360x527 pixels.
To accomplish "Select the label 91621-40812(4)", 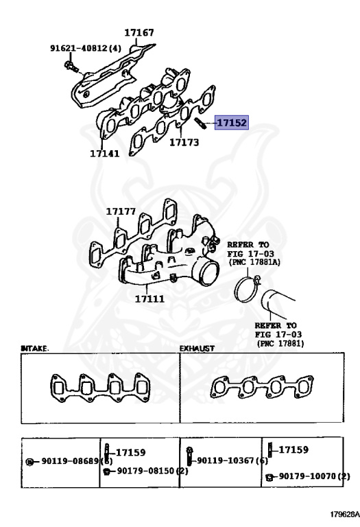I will tap(85, 49).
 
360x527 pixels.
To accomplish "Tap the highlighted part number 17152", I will tap(232, 124).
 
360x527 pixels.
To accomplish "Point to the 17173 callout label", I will tap(184, 143).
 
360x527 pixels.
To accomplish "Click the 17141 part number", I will tap(104, 154).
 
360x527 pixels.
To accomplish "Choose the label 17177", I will tap(120, 211).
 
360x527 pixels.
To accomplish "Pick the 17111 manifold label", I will tap(149, 299).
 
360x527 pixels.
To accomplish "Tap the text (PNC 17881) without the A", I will tap(280, 342).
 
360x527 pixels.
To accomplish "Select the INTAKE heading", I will tap(35, 349).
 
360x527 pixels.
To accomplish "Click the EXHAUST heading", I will tap(197, 349).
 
